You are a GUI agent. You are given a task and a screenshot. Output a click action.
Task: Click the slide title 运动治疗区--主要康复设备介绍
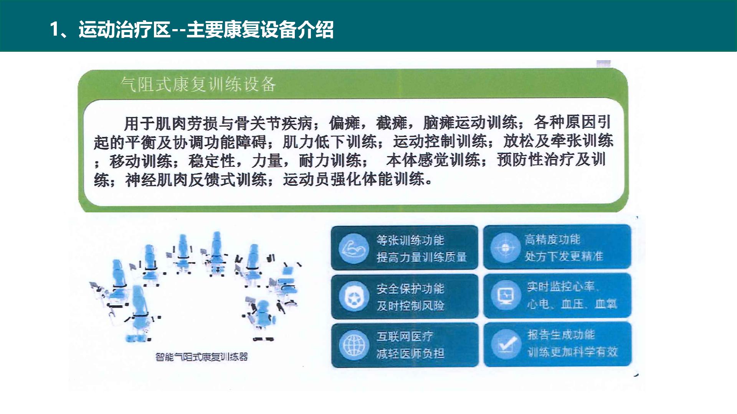click(x=206, y=30)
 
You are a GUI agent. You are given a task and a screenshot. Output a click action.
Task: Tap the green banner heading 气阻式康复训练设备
click(x=198, y=84)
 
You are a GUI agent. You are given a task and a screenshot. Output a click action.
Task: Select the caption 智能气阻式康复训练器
click(x=202, y=357)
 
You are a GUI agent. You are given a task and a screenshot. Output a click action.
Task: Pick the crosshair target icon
click(x=506, y=248)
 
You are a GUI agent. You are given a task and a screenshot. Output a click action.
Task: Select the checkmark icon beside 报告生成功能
click(x=506, y=344)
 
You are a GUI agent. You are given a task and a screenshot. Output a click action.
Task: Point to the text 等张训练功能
click(x=410, y=240)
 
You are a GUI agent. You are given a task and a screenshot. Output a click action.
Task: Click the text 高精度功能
click(x=553, y=240)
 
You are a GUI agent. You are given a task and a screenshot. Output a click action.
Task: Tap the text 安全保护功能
click(x=410, y=289)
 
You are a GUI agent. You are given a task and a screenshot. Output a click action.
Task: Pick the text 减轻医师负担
click(x=410, y=353)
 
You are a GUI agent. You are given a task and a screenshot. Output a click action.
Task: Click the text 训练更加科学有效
click(x=572, y=352)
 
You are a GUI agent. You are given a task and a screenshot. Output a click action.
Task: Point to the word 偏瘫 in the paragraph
click(x=344, y=123)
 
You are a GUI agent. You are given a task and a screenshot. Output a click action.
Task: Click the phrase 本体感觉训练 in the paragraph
click(x=433, y=160)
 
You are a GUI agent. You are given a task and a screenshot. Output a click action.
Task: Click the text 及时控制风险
click(x=410, y=306)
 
